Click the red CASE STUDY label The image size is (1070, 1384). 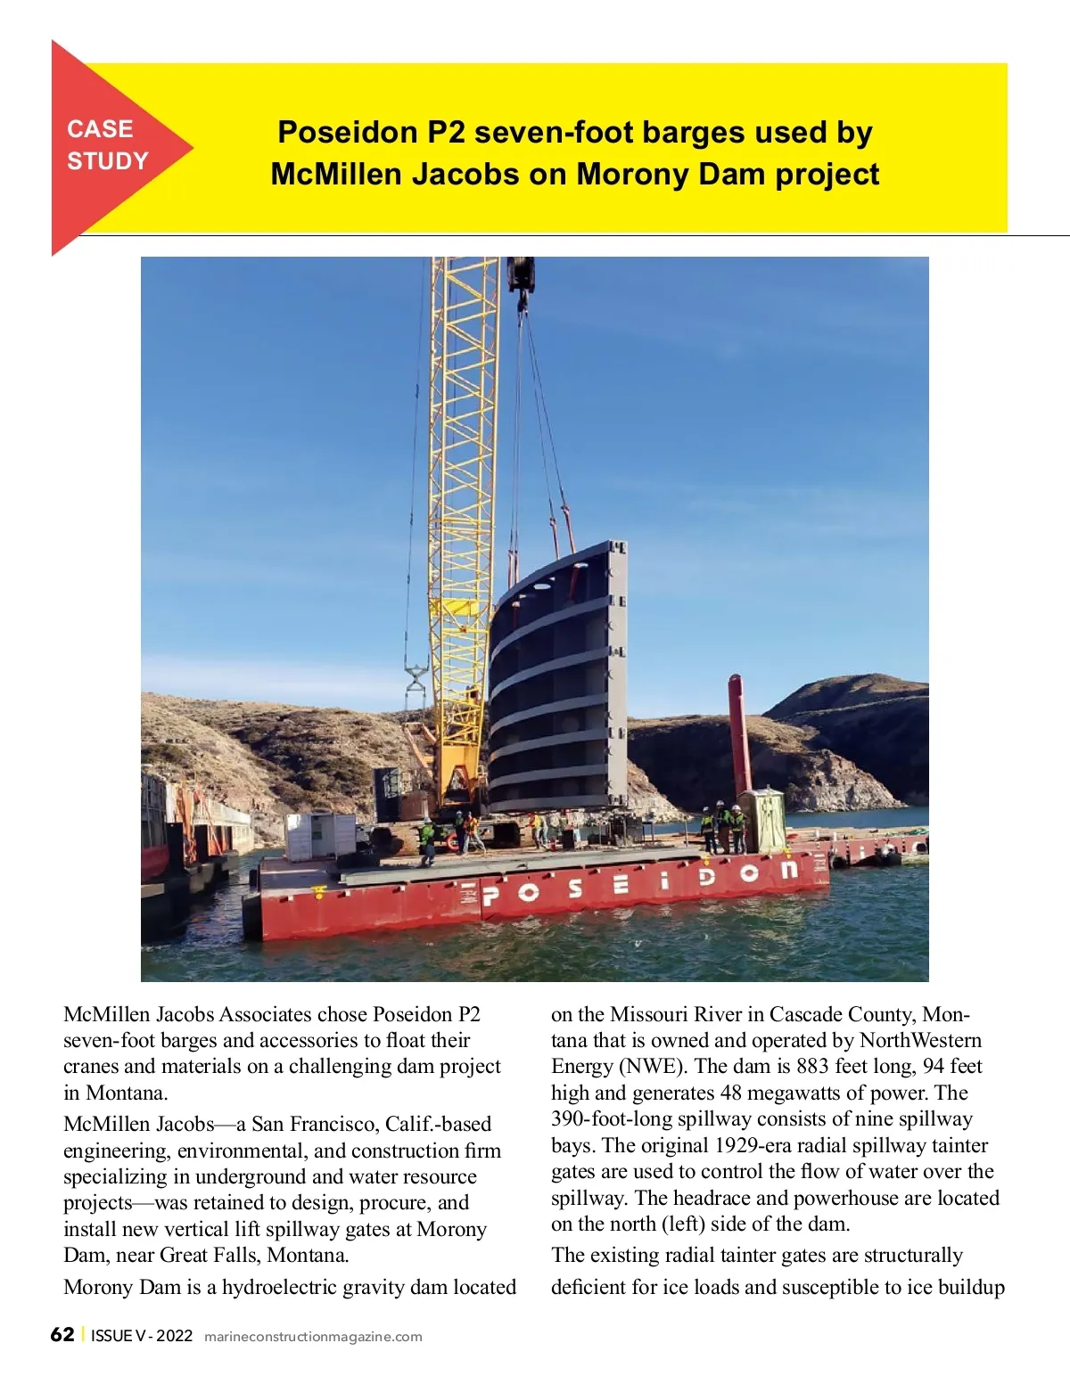click(107, 145)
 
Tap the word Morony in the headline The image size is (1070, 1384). click(632, 175)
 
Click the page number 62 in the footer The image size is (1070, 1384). click(62, 1334)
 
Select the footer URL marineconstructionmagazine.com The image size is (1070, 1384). click(313, 1337)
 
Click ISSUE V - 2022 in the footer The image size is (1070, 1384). click(142, 1336)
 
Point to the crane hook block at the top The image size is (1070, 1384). click(521, 276)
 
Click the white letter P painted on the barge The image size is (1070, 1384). click(490, 895)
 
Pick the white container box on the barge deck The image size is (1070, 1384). click(319, 836)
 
